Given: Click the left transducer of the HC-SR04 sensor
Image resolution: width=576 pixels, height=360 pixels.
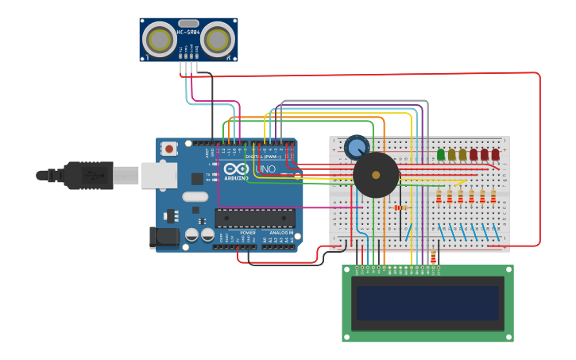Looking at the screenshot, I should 160,39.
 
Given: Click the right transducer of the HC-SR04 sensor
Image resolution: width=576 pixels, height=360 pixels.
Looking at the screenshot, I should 217,39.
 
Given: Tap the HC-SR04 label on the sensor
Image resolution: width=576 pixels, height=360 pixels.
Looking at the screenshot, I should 188,33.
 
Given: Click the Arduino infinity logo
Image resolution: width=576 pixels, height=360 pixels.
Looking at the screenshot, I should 236,168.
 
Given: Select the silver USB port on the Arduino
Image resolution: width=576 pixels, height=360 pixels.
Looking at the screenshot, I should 159,176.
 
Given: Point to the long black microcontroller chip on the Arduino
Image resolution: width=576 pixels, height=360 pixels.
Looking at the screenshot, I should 254,219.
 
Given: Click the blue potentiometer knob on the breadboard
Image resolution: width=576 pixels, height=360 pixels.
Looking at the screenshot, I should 357,146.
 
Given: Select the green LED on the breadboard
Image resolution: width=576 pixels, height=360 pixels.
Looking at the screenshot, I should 441,154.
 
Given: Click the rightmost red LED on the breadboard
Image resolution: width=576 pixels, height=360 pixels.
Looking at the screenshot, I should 495,154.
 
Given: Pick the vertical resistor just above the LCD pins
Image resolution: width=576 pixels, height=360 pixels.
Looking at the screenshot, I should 433,257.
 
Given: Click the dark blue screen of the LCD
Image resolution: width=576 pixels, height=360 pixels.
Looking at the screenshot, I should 427,302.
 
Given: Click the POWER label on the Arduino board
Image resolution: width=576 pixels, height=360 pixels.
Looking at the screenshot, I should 248,233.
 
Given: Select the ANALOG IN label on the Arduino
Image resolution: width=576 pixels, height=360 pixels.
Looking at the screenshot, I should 280,233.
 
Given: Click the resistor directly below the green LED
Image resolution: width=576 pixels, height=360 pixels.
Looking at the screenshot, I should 439,195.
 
